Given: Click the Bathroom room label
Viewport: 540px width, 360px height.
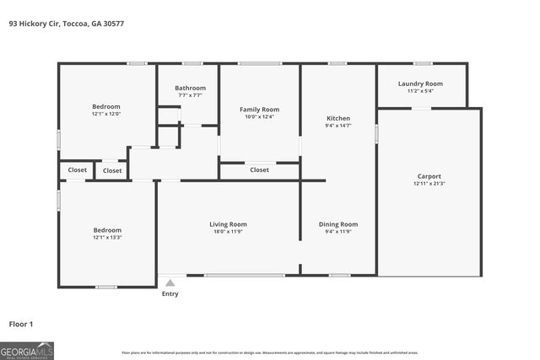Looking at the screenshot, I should [x=190, y=88].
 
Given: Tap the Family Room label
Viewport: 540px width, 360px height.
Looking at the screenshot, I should [x=259, y=110].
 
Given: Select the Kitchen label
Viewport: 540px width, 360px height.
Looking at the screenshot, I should [x=338, y=118].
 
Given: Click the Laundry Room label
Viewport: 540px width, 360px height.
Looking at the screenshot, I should [x=420, y=83].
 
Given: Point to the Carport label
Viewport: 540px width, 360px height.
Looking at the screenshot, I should [x=429, y=176].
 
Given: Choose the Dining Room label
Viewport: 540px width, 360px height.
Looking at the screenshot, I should [x=338, y=224].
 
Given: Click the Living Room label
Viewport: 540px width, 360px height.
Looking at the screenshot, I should [x=228, y=224].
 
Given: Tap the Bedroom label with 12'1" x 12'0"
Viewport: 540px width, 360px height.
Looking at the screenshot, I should [x=106, y=106].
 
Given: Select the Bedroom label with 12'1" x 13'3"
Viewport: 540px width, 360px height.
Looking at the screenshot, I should [x=107, y=230].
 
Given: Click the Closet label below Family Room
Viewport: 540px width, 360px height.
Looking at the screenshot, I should [x=259, y=169].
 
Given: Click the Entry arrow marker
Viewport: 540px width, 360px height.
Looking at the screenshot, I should [x=170, y=284].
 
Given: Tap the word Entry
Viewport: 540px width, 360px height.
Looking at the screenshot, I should [x=170, y=294].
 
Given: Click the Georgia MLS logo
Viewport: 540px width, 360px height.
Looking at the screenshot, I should [x=27, y=350].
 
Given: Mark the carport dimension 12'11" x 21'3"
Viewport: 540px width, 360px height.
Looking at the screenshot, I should [x=429, y=184].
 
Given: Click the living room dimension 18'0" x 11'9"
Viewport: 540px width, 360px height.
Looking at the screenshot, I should [x=228, y=232].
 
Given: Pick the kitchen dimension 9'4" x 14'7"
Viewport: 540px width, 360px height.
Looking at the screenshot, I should [x=338, y=126].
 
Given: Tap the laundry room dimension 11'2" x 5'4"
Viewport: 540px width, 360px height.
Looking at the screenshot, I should [x=420, y=91].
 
